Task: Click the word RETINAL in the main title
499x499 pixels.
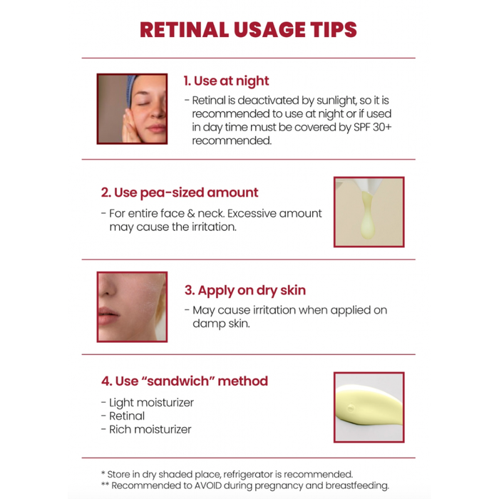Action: coord(184,30)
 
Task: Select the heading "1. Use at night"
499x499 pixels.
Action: coord(226,81)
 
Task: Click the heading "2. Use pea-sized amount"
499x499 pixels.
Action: coord(180,192)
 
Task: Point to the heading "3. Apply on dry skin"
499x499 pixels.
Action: coord(245,291)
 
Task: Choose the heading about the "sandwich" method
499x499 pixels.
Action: coord(185,381)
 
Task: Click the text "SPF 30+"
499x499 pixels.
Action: coord(372,128)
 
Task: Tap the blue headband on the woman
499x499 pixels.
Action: coord(131,90)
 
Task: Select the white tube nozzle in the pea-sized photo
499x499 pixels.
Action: coord(369,185)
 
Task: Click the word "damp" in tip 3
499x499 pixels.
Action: coord(207,324)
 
